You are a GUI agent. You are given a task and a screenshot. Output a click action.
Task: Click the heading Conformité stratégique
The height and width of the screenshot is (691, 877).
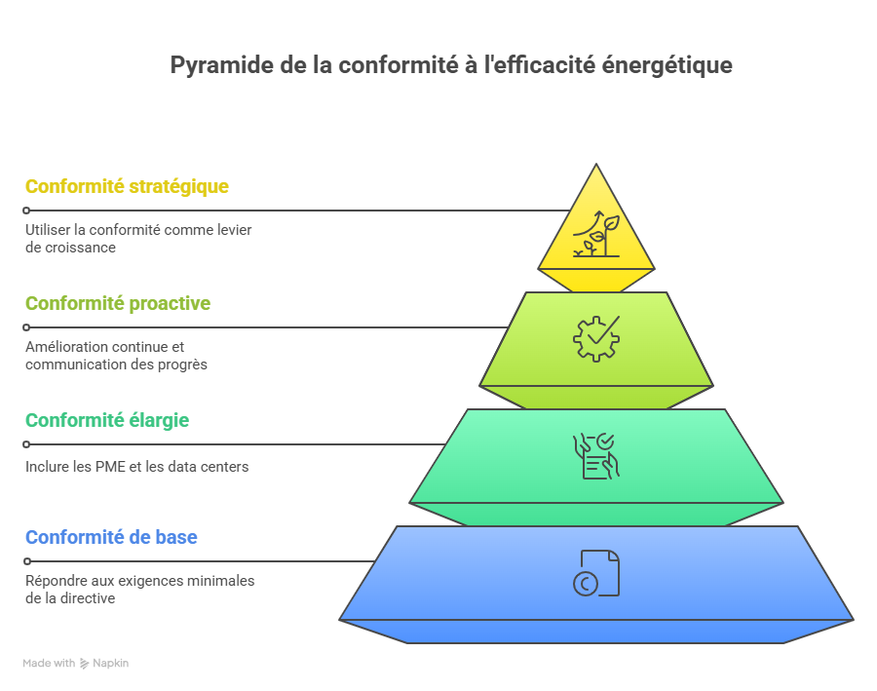127,187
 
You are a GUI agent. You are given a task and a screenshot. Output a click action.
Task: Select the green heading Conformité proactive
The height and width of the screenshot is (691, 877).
118,303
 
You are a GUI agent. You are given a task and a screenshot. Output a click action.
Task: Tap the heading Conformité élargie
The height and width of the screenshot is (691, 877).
107,420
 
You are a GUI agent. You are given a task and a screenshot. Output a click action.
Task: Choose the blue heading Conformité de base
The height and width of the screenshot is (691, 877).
111,537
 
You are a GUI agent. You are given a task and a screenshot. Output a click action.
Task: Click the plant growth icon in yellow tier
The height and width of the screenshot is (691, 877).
596,234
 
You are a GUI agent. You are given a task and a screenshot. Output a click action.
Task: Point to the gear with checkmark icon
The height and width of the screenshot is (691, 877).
596,338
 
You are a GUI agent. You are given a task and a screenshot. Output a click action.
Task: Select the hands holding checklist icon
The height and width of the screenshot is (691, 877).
596,456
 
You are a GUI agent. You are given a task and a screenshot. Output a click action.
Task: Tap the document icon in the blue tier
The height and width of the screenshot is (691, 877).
596,573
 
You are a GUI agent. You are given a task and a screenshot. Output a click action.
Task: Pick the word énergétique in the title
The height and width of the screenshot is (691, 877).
667,65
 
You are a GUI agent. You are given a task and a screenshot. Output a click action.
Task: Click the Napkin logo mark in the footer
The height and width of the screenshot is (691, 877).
85,664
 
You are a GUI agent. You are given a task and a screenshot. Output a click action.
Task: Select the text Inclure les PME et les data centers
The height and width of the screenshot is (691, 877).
137,467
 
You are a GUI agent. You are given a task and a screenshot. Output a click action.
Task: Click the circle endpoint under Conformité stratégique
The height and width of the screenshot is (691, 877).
26,211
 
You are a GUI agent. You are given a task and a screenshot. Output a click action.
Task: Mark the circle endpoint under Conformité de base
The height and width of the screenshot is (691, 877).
26,561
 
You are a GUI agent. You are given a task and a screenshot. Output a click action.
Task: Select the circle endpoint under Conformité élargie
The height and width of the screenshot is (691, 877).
26,444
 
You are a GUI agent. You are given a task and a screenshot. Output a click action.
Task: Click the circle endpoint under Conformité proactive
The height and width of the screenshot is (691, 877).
26,327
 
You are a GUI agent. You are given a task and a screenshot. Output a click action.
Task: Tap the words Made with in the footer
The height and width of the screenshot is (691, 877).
49,663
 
